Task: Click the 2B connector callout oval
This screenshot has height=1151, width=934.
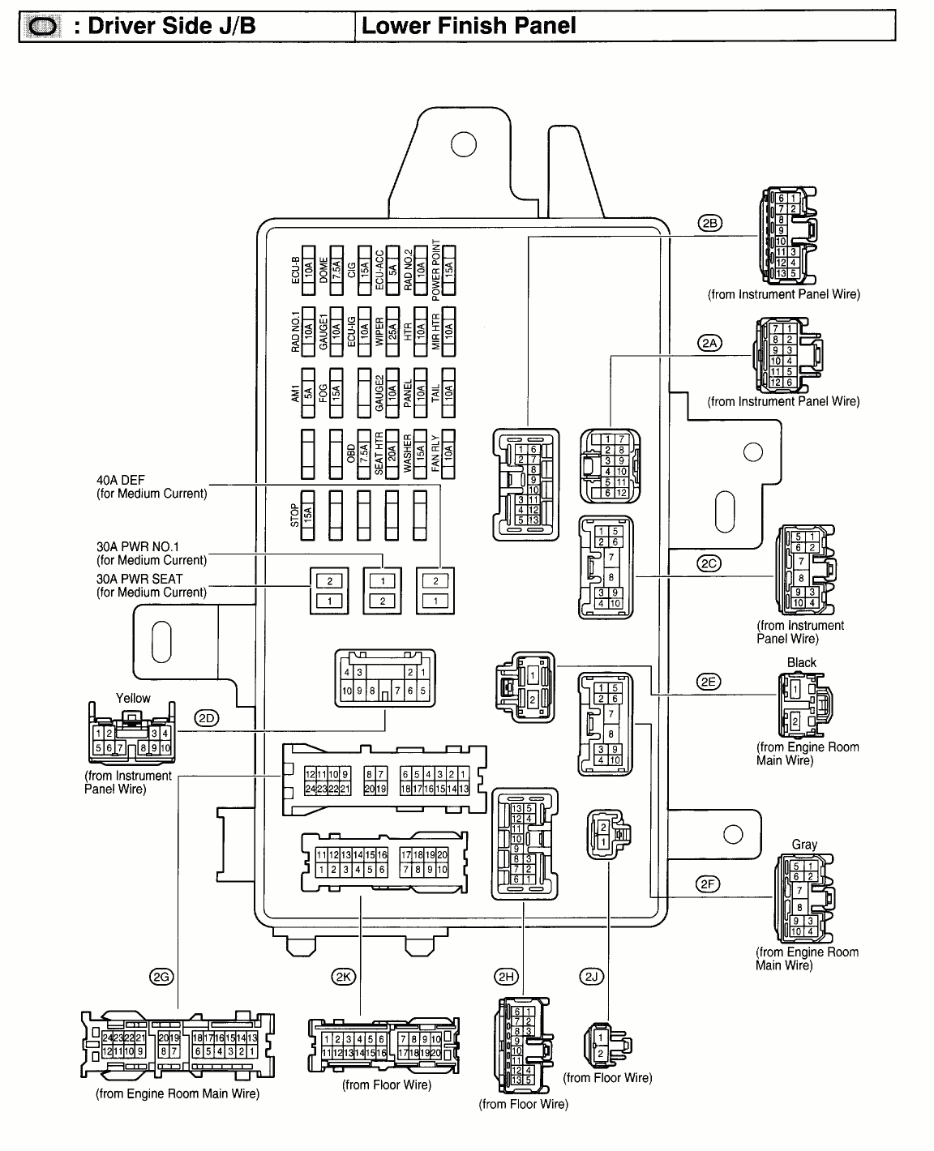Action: coord(709,224)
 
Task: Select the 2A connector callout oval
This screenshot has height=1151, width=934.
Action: coord(709,343)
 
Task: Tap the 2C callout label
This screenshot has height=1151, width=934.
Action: coord(709,563)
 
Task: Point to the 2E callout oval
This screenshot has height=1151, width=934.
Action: coord(709,682)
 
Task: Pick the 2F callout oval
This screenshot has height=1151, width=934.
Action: coord(709,884)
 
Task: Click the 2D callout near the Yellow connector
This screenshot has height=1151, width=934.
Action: coord(207,718)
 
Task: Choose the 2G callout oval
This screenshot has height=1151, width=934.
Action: coord(161,977)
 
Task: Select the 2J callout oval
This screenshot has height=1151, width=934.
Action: coord(591,977)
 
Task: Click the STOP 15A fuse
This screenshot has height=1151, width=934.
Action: coord(308,515)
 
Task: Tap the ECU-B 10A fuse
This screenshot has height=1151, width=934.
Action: coord(308,266)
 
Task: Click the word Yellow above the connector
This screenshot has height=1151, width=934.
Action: coord(133,698)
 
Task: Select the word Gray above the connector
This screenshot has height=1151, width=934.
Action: coord(804,845)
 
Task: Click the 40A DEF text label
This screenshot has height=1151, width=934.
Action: coord(121,480)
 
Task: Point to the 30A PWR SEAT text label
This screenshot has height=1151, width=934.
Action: coord(139,579)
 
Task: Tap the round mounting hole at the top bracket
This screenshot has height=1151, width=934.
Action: coord(463,144)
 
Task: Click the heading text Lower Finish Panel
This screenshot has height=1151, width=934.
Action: coord(469,25)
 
